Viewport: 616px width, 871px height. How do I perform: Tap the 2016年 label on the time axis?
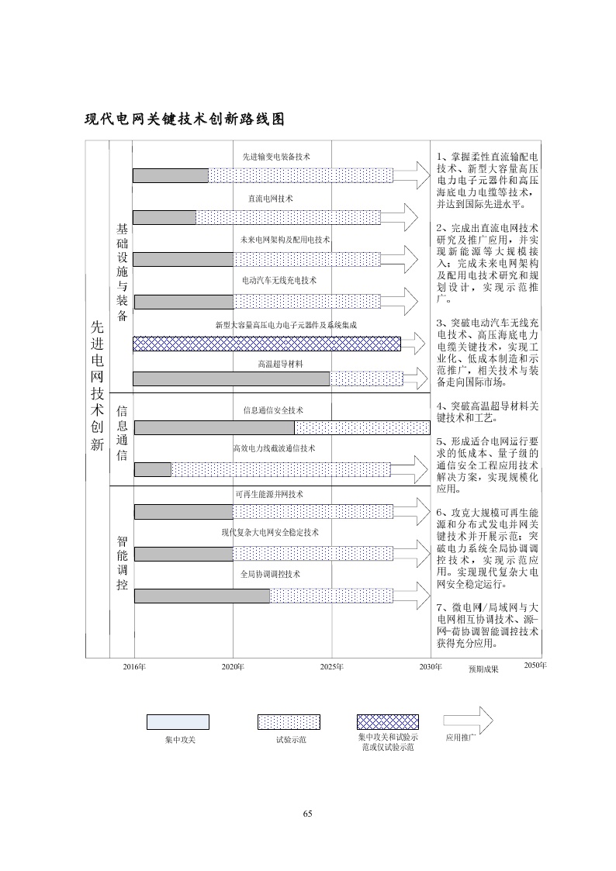(134, 667)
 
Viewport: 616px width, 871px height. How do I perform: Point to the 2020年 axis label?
(233, 667)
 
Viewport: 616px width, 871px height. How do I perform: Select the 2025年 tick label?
(331, 667)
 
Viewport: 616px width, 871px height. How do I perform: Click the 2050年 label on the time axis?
(535, 665)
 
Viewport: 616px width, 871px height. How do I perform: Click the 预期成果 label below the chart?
(483, 669)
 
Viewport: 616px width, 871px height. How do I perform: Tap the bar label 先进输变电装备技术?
(276, 157)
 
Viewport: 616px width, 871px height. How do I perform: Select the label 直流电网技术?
(270, 199)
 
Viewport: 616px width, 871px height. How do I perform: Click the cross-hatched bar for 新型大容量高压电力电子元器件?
(267, 344)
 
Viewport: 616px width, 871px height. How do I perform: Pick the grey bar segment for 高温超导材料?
(231, 378)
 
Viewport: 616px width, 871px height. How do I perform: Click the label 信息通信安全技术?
(273, 410)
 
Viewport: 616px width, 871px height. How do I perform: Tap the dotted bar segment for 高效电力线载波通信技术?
(280, 468)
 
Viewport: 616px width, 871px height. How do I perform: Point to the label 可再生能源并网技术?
(269, 494)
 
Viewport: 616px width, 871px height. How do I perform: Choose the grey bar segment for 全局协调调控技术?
(202, 596)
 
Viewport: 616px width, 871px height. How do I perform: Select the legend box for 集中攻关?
(178, 722)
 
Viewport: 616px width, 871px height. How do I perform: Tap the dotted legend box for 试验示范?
(289, 722)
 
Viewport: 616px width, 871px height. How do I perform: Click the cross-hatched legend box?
(387, 722)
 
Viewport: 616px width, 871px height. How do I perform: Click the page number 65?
(307, 814)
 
